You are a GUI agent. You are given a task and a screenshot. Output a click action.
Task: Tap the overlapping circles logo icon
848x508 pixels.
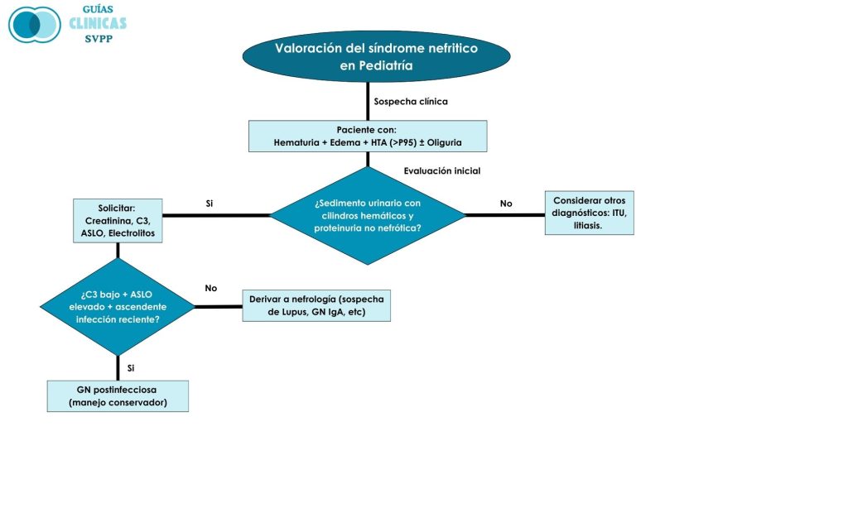click(35, 25)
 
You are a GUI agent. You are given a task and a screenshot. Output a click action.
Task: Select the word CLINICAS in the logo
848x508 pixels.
click(98, 23)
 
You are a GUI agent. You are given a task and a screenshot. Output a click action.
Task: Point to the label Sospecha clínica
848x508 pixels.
click(411, 102)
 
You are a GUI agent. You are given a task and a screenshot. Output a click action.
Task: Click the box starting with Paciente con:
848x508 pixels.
click(368, 137)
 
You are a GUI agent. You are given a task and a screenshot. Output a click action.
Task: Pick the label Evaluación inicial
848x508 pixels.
click(442, 171)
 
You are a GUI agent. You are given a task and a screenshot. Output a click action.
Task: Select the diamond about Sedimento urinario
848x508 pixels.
click(368, 216)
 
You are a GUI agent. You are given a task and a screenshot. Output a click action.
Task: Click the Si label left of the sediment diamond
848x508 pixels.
click(210, 203)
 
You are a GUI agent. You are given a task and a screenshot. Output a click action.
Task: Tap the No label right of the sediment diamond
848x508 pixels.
click(506, 203)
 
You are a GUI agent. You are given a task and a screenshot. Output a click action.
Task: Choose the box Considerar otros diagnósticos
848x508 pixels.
click(589, 213)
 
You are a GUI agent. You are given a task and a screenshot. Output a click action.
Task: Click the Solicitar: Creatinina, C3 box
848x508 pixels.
click(118, 221)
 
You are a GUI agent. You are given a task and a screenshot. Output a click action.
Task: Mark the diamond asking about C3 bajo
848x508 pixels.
click(118, 306)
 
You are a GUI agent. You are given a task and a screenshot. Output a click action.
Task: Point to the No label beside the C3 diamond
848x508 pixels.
click(211, 288)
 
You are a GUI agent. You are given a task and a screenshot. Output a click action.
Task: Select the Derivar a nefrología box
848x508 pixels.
click(316, 305)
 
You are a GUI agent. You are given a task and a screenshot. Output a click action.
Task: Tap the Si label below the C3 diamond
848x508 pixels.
click(131, 367)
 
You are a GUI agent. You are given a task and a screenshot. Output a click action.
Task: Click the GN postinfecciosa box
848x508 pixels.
click(118, 396)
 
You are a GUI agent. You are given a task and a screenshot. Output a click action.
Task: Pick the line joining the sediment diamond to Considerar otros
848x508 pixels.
click(505, 215)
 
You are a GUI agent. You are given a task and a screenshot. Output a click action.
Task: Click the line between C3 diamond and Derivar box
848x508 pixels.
click(218, 306)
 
